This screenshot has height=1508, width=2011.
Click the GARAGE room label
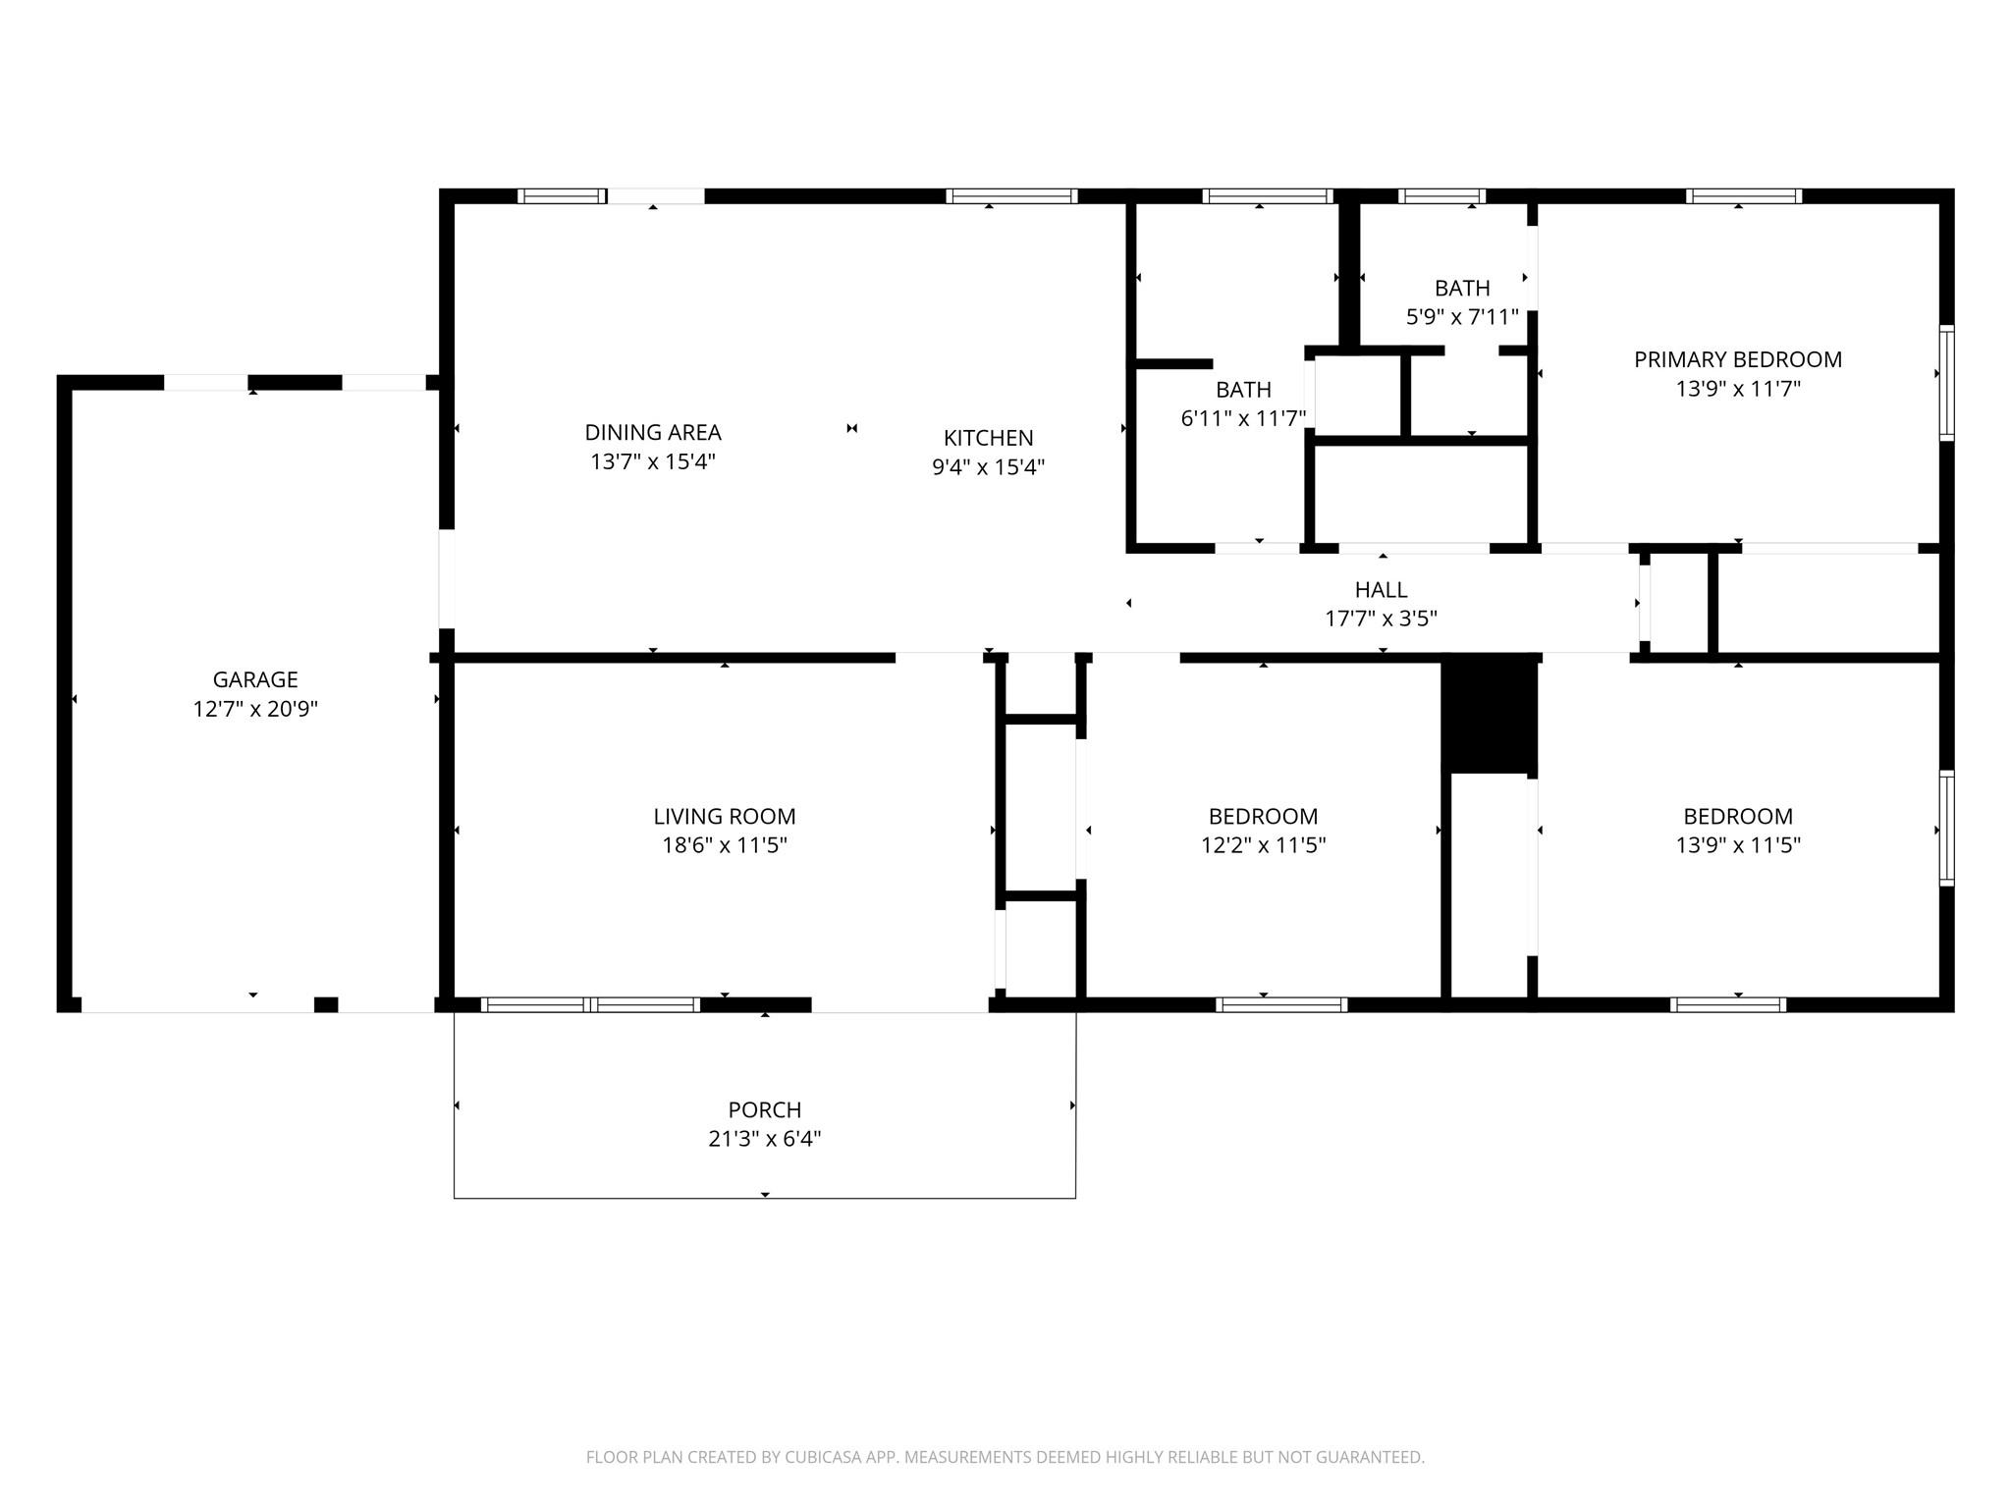255,679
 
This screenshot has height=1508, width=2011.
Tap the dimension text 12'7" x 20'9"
255,709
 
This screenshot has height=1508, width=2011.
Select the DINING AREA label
653,432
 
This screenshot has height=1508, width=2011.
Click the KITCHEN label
988,438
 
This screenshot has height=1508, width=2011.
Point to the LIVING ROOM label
725,816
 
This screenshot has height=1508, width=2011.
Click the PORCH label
765,1109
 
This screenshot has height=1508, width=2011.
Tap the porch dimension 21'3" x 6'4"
765,1139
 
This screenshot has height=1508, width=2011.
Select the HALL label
1382,589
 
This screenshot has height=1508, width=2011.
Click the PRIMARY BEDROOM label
1738,359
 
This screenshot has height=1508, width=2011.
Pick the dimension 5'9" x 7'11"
1462,317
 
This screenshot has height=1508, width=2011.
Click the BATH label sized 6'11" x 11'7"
1243,390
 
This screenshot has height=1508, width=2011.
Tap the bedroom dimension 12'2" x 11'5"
1264,845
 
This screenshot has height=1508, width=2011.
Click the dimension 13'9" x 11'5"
1738,845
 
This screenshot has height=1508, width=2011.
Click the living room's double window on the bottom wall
590,1004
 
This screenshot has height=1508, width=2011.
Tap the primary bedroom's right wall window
1946,382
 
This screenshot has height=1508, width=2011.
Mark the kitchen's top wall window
1011,196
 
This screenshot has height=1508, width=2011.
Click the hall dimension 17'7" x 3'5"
1382,619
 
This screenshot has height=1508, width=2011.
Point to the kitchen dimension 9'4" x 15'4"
988,467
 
